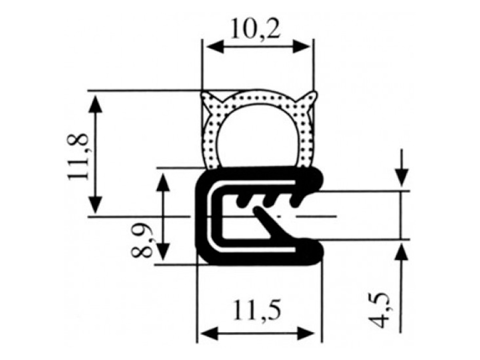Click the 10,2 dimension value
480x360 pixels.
click(x=255, y=28)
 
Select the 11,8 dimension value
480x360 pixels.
click(x=78, y=157)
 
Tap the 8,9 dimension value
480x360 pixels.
click(x=141, y=240)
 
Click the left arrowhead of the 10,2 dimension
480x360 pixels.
click(x=215, y=46)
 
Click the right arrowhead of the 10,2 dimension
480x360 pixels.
click(x=301, y=46)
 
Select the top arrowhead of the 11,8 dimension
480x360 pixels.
click(x=95, y=104)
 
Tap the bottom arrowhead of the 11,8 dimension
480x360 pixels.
click(x=95, y=204)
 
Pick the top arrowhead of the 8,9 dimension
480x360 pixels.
click(x=163, y=182)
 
